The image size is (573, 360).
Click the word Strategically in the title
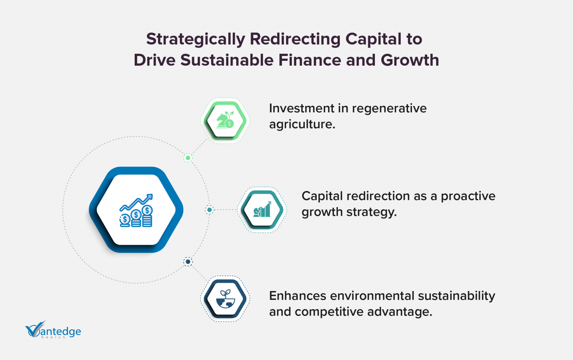click(196, 40)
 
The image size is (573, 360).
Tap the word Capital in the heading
click(373, 40)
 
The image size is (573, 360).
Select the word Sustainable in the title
click(227, 60)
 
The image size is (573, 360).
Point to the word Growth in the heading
click(410, 60)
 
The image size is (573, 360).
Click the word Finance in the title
click(310, 60)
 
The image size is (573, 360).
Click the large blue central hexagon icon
click(136, 210)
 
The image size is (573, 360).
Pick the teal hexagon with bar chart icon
click(262, 210)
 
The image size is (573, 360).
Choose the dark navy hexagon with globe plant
click(225, 299)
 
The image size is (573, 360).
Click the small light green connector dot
click(188, 158)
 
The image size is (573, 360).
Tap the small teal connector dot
click(209, 210)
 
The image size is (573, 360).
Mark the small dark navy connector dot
click(188, 262)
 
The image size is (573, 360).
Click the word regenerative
click(389, 109)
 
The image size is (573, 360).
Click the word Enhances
click(297, 296)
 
